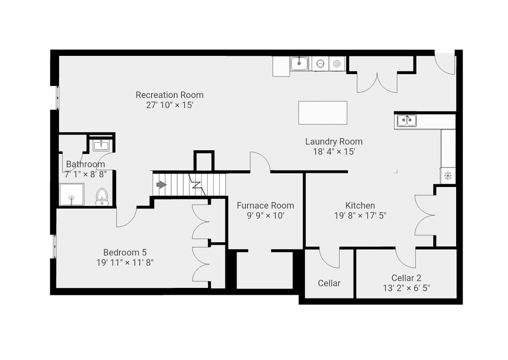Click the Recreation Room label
click(170, 95)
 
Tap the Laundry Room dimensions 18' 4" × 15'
click(334, 151)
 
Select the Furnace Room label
click(265, 206)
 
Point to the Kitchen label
click(360, 206)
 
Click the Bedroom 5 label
click(125, 252)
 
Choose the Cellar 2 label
click(406, 278)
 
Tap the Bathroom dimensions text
click(85, 175)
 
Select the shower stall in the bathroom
click(72, 194)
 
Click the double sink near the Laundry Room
click(407, 121)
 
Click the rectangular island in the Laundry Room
click(323, 113)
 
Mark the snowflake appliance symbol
click(448, 176)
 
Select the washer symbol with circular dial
click(320, 64)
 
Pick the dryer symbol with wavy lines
click(337, 64)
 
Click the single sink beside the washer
click(299, 63)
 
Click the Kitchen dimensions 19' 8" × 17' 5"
click(360, 216)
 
